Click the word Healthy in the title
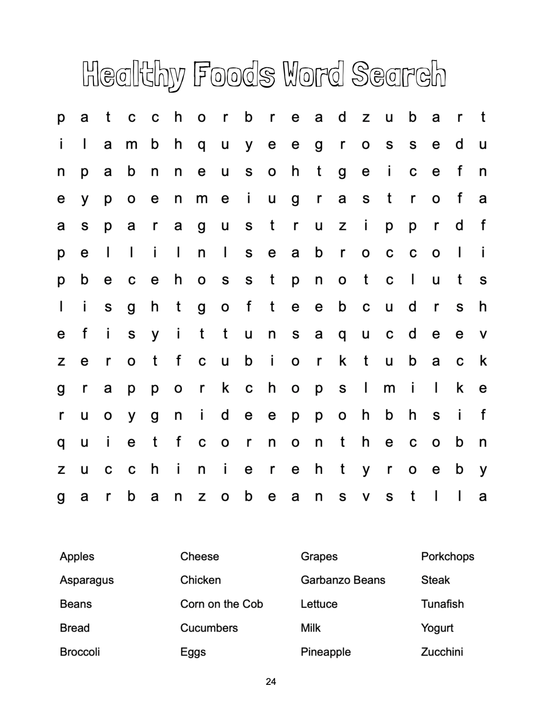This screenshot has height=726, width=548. (x=133, y=74)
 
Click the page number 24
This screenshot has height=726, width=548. (x=271, y=681)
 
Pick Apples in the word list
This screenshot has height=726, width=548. (x=77, y=556)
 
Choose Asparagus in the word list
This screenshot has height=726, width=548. (x=87, y=580)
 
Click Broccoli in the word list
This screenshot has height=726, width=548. (x=80, y=652)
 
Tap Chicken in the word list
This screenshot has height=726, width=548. (x=200, y=580)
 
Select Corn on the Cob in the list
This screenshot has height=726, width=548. (x=221, y=604)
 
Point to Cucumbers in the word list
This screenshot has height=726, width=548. (x=209, y=628)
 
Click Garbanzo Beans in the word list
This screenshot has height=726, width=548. (x=343, y=580)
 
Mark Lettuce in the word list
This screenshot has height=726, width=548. (x=319, y=604)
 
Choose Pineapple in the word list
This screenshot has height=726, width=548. (x=326, y=652)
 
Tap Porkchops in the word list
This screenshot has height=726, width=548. (x=447, y=556)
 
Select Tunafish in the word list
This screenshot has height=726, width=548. (x=442, y=604)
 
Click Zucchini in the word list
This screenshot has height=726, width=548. (x=442, y=652)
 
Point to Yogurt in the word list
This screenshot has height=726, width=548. (x=437, y=628)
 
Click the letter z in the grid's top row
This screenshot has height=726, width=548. (x=366, y=117)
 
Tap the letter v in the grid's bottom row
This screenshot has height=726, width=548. (x=366, y=497)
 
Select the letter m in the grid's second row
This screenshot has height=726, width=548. (x=131, y=145)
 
